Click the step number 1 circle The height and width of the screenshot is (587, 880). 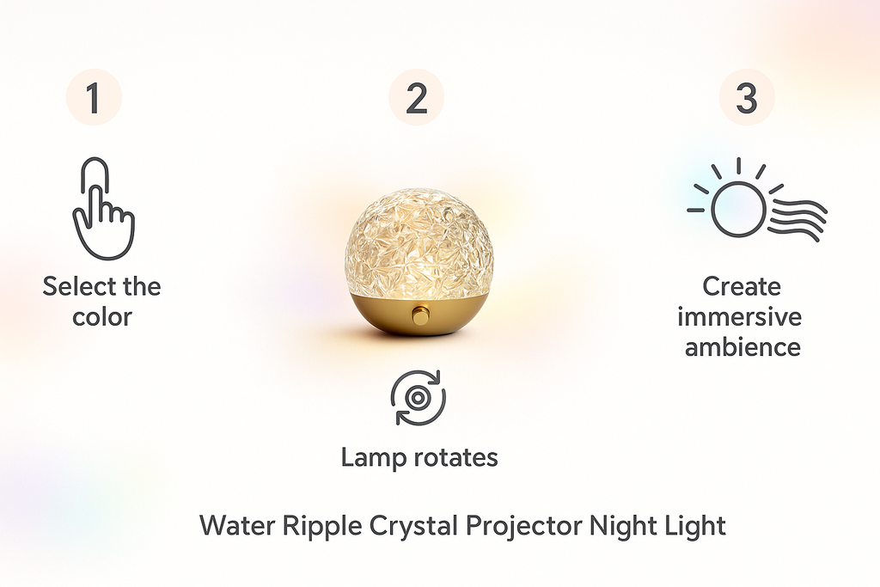(x=94, y=99)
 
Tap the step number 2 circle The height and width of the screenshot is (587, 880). (x=416, y=99)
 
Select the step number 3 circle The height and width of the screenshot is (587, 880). (x=746, y=99)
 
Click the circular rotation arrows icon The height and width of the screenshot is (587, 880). (x=419, y=397)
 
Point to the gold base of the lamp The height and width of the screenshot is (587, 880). (x=419, y=315)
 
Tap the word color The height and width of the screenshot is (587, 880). (x=102, y=316)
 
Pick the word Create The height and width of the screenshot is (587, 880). (x=741, y=286)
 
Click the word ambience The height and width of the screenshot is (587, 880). (x=742, y=347)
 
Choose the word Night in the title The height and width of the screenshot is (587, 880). (x=619, y=524)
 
